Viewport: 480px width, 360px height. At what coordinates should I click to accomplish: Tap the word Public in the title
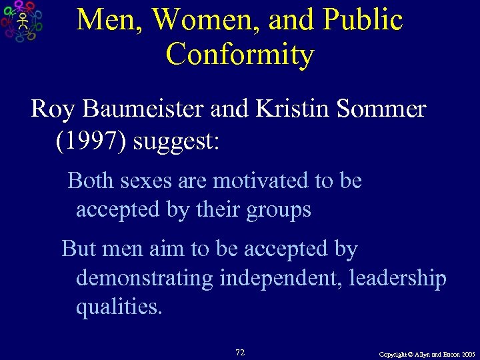364,20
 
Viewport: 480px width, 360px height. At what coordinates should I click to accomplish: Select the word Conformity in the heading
240,54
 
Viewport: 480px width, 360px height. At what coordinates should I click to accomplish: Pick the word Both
91,181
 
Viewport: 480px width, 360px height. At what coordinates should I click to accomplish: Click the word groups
278,211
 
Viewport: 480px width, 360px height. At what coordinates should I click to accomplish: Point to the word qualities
119,308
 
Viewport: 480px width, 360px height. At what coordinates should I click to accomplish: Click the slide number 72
240,351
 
